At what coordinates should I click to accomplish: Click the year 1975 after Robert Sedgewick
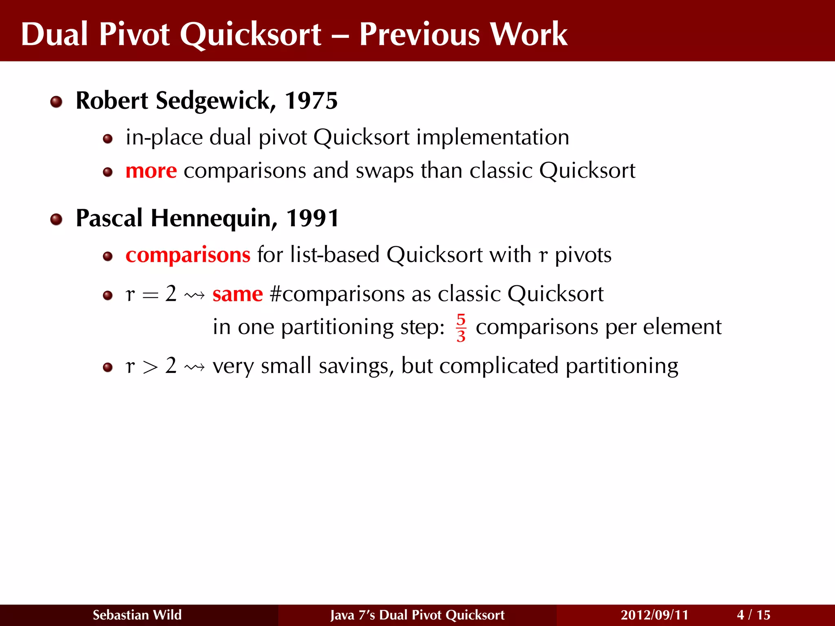pyautogui.click(x=311, y=101)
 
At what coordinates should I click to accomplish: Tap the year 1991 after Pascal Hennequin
pyautogui.click(x=312, y=218)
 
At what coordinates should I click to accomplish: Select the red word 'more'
pyautogui.click(x=151, y=171)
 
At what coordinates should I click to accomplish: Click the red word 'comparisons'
pyautogui.click(x=188, y=255)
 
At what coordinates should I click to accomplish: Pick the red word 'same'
pyautogui.click(x=238, y=294)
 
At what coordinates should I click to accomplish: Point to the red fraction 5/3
pyautogui.click(x=461, y=328)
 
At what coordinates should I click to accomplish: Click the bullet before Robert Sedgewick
pyautogui.click(x=56, y=102)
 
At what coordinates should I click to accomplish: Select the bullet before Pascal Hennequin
pyautogui.click(x=56, y=220)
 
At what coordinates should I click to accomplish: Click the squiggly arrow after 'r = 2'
pyautogui.click(x=194, y=295)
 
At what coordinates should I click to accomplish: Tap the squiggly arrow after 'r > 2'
pyautogui.click(x=194, y=367)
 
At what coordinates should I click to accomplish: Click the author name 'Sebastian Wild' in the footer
pyautogui.click(x=137, y=615)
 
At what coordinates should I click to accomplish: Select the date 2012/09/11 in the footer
pyautogui.click(x=654, y=615)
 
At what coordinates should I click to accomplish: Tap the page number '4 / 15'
pyautogui.click(x=753, y=615)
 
